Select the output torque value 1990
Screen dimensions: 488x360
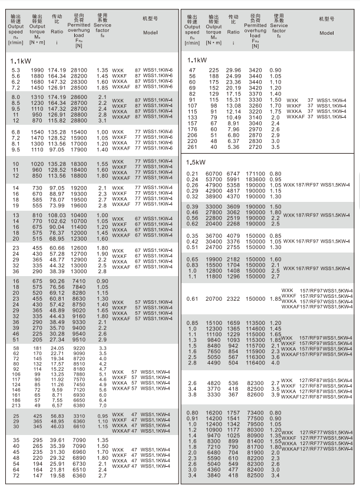tap(38, 70)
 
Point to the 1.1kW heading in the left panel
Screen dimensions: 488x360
tap(22, 60)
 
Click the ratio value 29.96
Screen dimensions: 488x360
tap(234, 70)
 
